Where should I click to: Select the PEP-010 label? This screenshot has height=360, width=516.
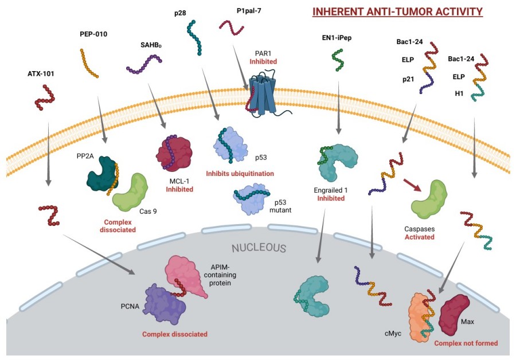(93, 34)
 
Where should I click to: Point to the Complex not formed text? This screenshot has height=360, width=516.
(466, 343)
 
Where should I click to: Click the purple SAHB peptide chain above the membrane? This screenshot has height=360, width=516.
(143, 64)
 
